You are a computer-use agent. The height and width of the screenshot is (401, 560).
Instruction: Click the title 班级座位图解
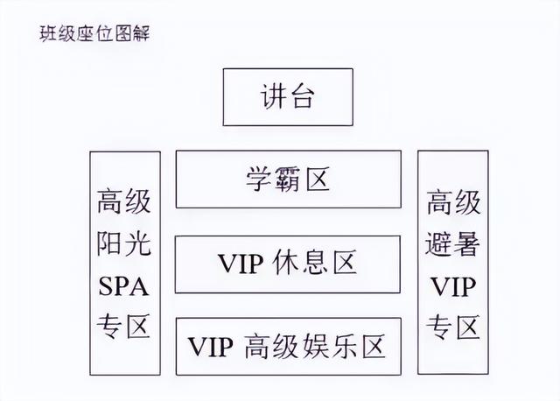pos(94,34)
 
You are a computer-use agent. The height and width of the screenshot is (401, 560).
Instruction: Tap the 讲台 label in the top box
pos(288,96)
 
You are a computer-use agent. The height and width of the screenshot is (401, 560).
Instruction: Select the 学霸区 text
pos(288,179)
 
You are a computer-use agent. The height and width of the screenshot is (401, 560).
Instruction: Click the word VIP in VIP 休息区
pos(241,264)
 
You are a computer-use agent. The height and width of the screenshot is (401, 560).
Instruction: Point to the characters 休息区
pos(315,263)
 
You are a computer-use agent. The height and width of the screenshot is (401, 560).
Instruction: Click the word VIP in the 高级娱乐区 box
pos(210,347)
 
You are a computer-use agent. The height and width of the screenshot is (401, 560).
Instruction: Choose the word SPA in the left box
pos(123,286)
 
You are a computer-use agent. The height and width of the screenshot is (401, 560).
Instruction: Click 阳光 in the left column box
pos(123,243)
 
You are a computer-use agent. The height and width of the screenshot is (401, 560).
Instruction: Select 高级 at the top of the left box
pos(123,201)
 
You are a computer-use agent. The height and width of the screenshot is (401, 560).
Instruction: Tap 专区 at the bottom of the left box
pos(123,327)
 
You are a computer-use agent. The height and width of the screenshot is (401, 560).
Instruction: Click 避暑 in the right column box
pos(452,243)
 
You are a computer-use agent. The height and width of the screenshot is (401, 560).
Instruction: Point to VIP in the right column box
pos(453,286)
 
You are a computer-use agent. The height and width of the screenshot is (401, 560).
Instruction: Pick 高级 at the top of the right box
pos(453,202)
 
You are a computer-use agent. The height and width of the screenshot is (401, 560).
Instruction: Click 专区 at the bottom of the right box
pos(453,327)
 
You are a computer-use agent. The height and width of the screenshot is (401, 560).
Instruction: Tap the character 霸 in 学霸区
pos(288,179)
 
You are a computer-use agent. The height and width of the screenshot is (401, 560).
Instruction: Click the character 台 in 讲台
pos(302,96)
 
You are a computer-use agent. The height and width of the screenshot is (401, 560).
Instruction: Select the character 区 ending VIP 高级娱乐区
pos(374,346)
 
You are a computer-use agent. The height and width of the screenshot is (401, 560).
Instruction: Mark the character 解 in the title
pos(141,34)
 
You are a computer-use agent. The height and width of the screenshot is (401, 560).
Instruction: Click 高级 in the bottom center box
pos(271,346)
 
